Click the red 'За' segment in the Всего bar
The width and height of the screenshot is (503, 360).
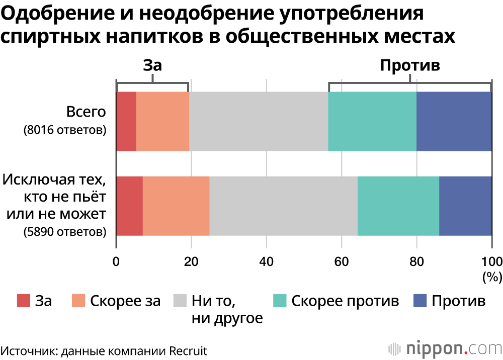point(126,121)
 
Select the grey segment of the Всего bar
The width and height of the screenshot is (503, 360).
point(259,121)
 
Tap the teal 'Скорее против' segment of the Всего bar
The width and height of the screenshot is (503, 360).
point(372,121)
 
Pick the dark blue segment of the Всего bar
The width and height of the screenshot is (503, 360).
point(454,121)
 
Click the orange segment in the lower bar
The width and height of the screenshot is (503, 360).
point(176,206)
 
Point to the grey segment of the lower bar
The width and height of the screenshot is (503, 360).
point(283,206)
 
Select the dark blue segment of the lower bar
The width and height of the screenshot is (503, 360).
point(465,206)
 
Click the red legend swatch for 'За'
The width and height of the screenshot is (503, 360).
point(24,301)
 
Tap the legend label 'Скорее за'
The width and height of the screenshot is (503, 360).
point(125,301)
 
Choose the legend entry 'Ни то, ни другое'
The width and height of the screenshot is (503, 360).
point(227,309)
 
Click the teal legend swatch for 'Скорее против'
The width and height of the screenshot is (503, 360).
point(280,301)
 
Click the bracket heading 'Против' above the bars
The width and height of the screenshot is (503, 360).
point(410,65)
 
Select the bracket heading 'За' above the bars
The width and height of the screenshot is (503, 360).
point(153,65)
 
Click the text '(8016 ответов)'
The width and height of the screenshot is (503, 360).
point(65,130)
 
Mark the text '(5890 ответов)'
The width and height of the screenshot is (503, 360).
point(65,232)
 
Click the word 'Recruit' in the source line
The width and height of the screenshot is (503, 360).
point(189,350)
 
